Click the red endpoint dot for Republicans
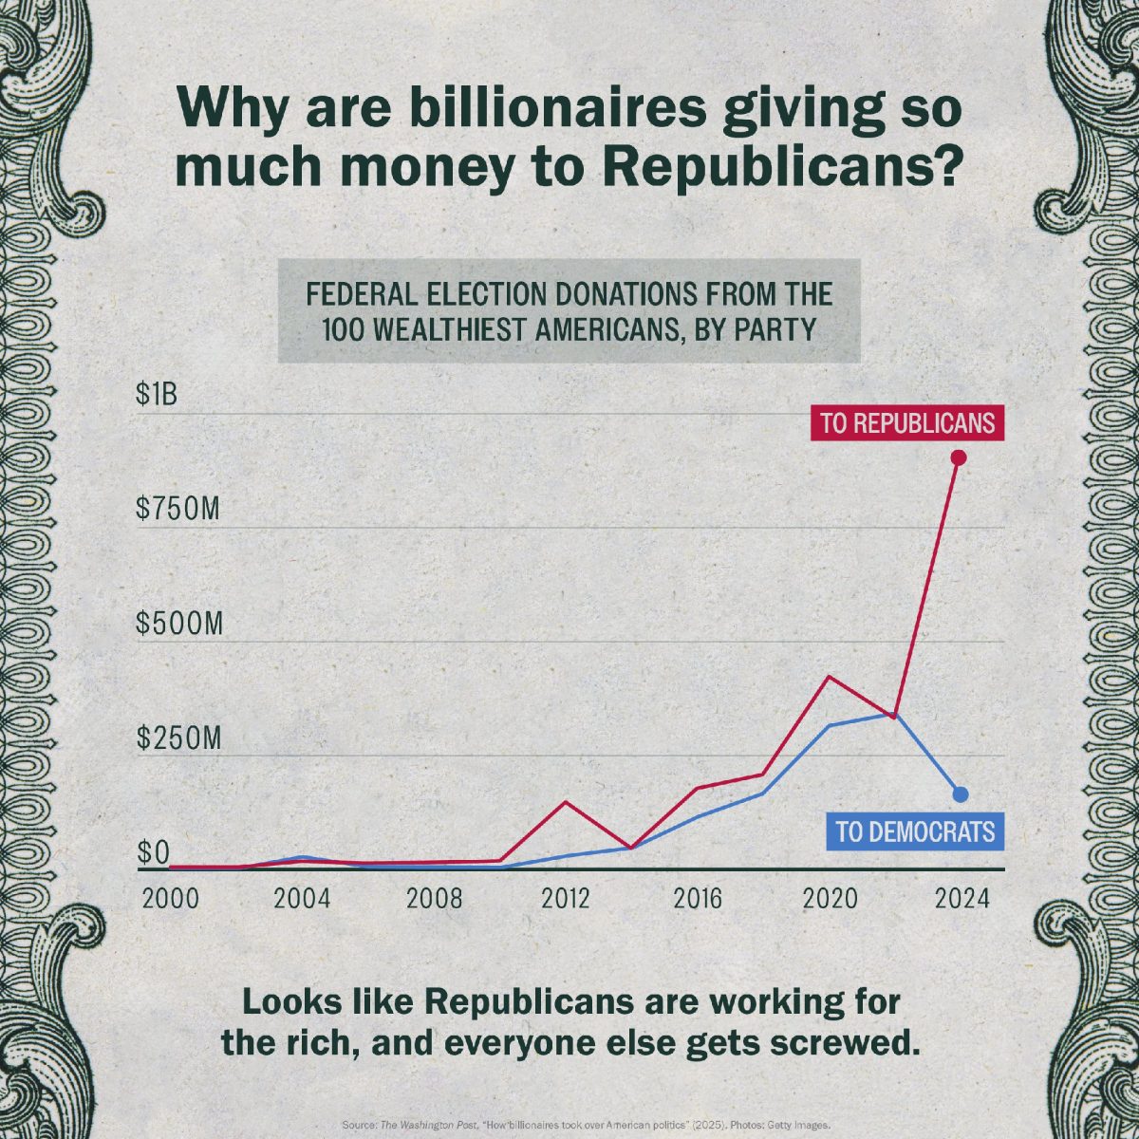(959, 457)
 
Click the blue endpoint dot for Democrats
(960, 794)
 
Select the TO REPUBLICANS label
(906, 423)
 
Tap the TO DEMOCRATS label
(915, 832)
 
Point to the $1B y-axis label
(157, 395)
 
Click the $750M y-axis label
(178, 510)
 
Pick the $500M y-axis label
(179, 625)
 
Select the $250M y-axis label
(179, 738)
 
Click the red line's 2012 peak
(567, 802)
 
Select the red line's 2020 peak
(829, 677)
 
